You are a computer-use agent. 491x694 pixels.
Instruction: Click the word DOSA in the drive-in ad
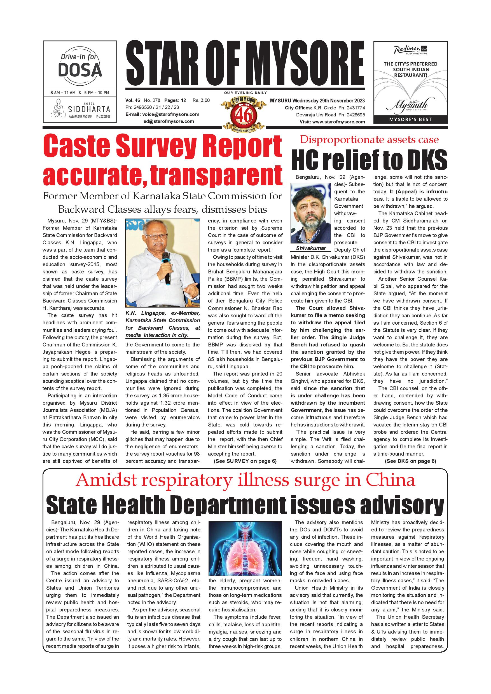pyautogui.click(x=80, y=70)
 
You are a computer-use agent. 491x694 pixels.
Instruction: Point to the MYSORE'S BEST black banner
pyautogui.click(x=410, y=119)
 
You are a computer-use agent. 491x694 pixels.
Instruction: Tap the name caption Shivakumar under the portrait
pyautogui.click(x=311, y=248)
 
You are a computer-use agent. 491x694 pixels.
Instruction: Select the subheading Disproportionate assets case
pyautogui.click(x=369, y=140)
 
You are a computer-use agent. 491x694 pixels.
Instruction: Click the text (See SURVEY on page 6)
pyautogui.click(x=245, y=461)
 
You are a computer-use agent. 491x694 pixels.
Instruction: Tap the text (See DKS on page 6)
pyautogui.click(x=410, y=461)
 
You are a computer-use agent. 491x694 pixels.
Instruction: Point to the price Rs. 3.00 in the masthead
pyautogui.click(x=201, y=100)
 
